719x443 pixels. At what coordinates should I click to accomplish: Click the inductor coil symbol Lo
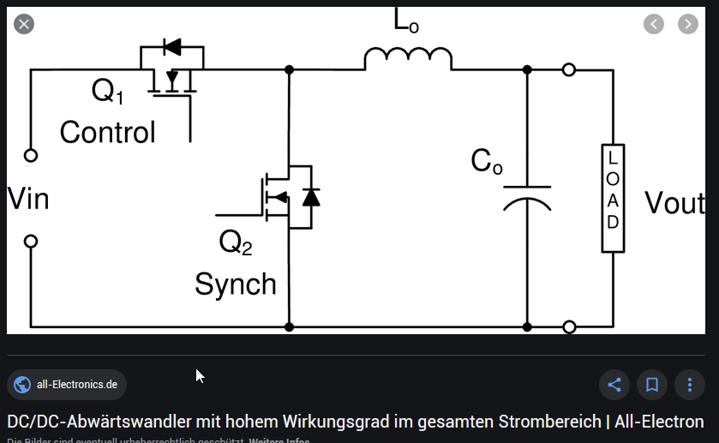coord(408,59)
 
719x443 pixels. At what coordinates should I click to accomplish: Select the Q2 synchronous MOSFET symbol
coord(288,197)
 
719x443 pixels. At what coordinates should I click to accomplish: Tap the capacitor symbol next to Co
coord(526,196)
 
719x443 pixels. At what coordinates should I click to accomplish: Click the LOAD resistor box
coord(613,198)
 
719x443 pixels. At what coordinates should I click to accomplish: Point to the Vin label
coord(28,199)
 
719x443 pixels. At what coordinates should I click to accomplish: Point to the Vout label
coord(674,203)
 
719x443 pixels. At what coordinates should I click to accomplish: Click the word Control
coord(107,133)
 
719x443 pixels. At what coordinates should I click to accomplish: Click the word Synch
coord(236,284)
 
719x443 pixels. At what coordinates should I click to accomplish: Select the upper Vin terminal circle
coord(31,156)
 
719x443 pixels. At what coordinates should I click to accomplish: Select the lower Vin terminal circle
coord(31,242)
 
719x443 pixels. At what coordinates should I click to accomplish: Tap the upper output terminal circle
coord(569,69)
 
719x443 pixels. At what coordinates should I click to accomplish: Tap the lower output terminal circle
coord(569,326)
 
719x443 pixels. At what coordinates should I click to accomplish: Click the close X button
coord(24,24)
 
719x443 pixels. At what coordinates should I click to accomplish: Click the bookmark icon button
coord(652,385)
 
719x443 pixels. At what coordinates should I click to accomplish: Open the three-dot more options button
coord(690,385)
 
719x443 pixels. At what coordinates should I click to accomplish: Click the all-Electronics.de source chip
coord(67,385)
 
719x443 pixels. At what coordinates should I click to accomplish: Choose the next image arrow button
coord(687,24)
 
